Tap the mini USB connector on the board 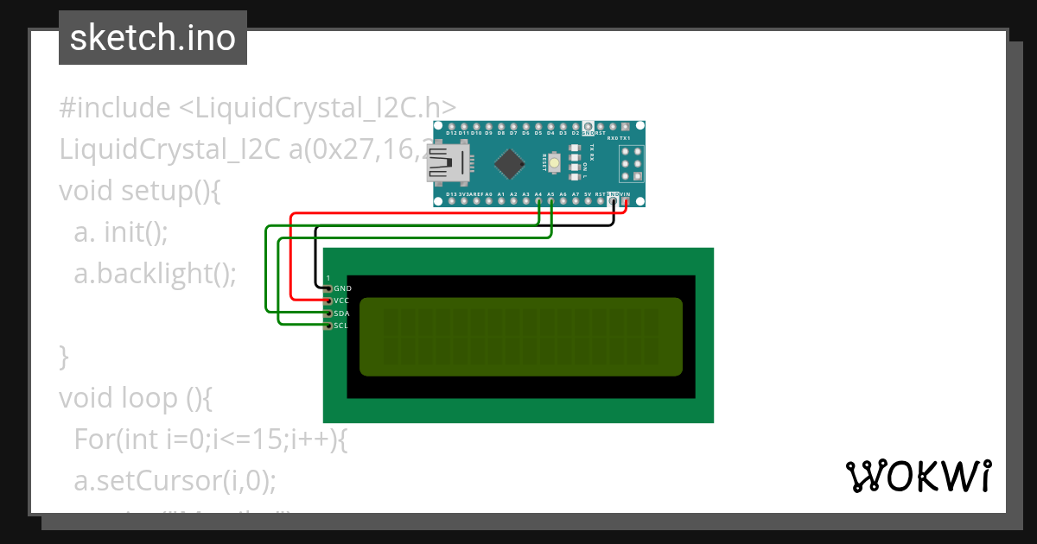click(x=446, y=163)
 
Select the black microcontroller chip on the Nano click(x=512, y=162)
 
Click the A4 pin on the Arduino click(x=538, y=202)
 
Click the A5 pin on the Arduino click(x=550, y=202)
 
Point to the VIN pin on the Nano click(x=625, y=202)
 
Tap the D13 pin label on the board click(x=451, y=195)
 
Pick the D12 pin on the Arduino click(x=451, y=126)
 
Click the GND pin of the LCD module click(x=328, y=288)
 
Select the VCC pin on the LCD click(x=328, y=300)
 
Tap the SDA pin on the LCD click(x=328, y=313)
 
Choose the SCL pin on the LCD click(x=328, y=326)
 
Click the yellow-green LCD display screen click(x=520, y=337)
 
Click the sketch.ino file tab click(x=153, y=38)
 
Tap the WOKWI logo click(x=919, y=476)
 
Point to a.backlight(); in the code click(x=156, y=273)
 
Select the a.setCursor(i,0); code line click(x=175, y=480)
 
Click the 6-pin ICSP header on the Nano click(x=632, y=162)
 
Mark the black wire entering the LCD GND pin click(x=315, y=259)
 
